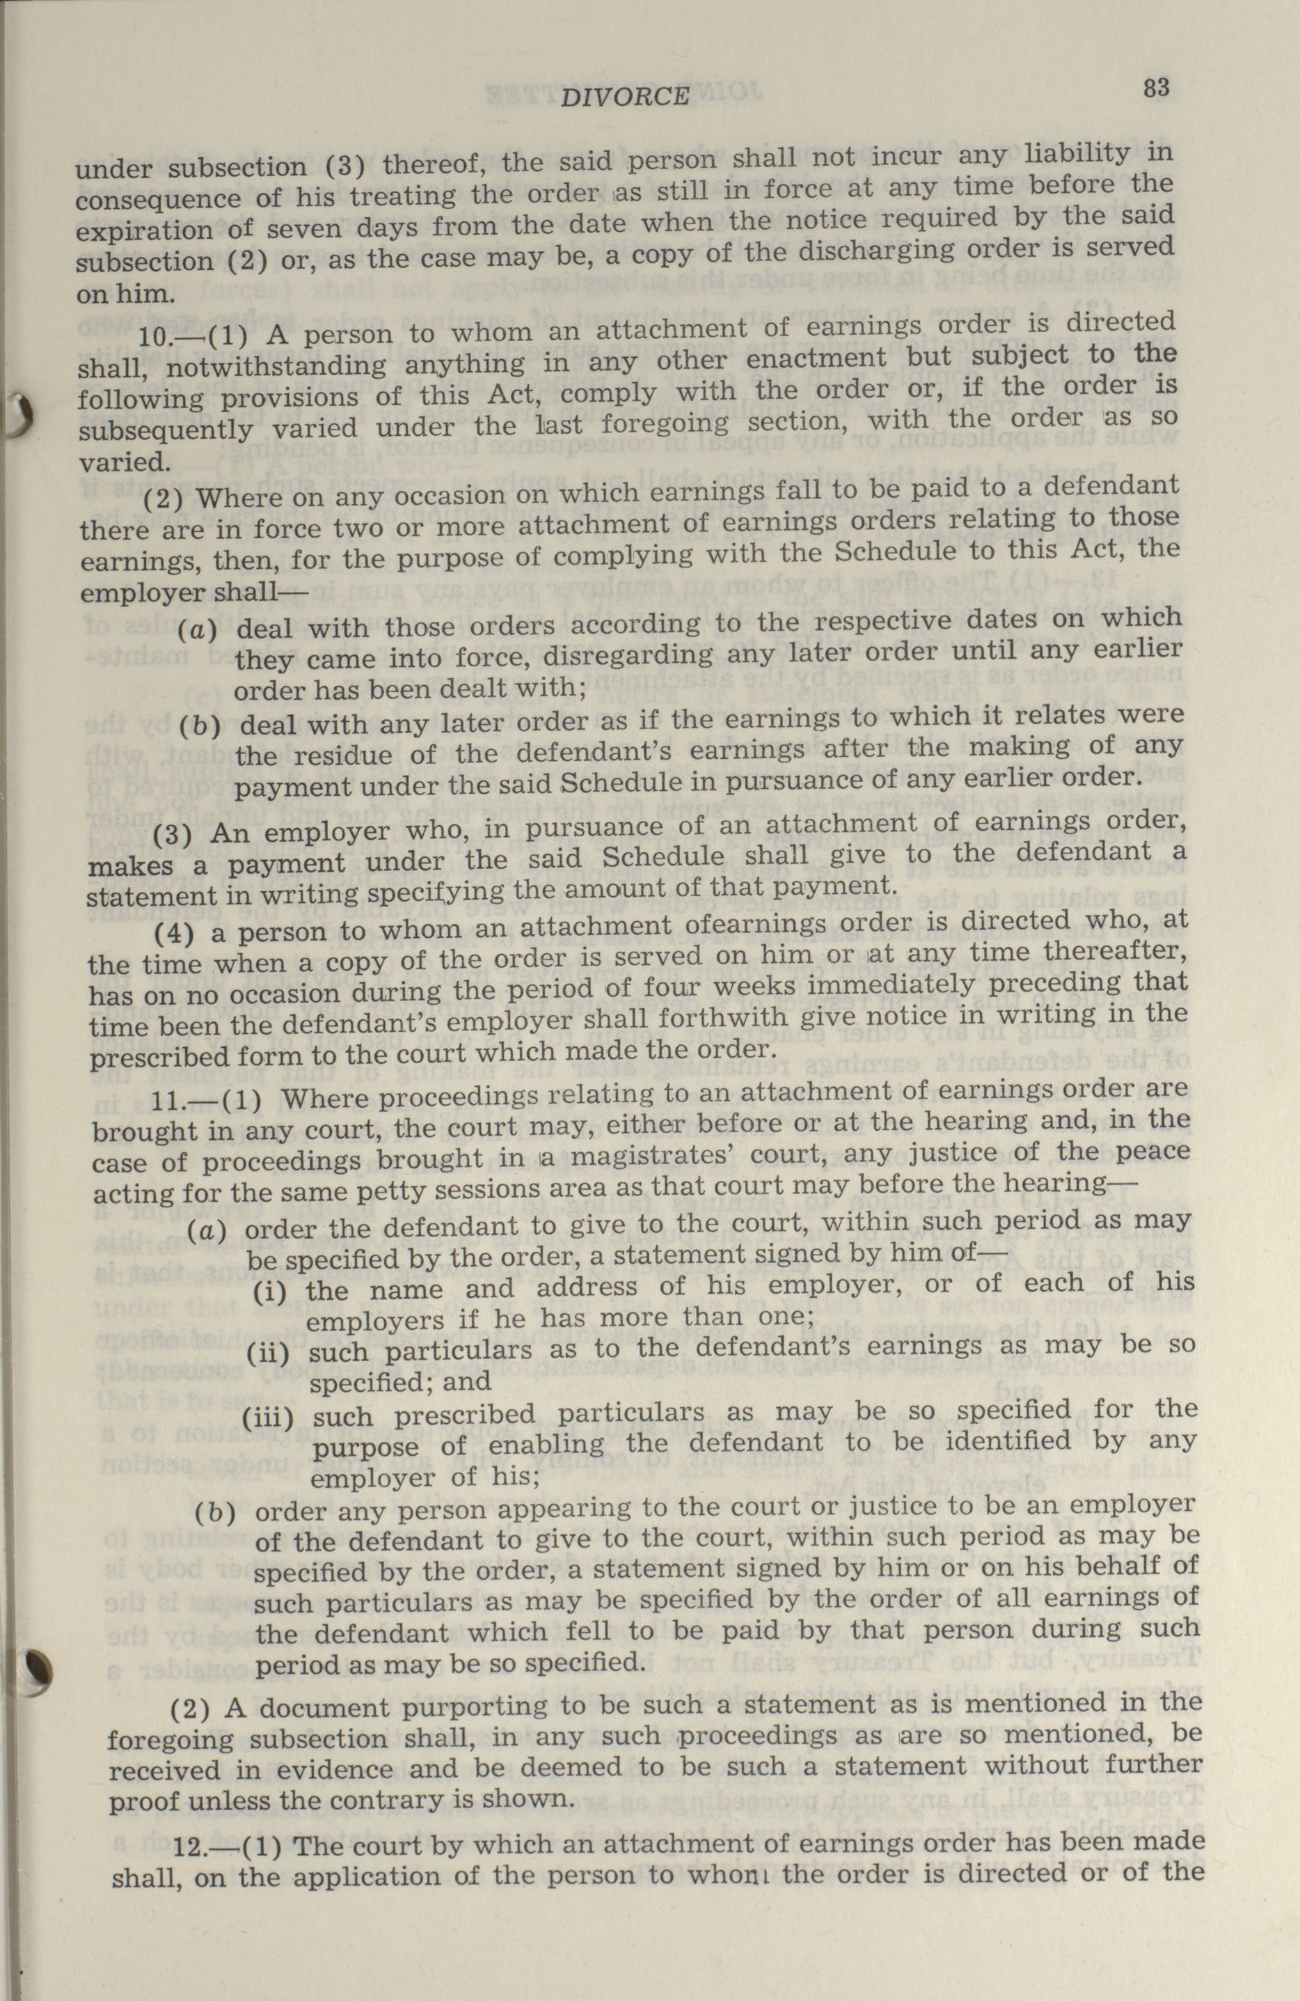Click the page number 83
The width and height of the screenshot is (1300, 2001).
click(x=1157, y=88)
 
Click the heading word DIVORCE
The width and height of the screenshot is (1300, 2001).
click(x=624, y=97)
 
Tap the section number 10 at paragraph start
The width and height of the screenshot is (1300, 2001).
click(x=154, y=337)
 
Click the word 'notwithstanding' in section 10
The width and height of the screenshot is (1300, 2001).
click(x=276, y=368)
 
